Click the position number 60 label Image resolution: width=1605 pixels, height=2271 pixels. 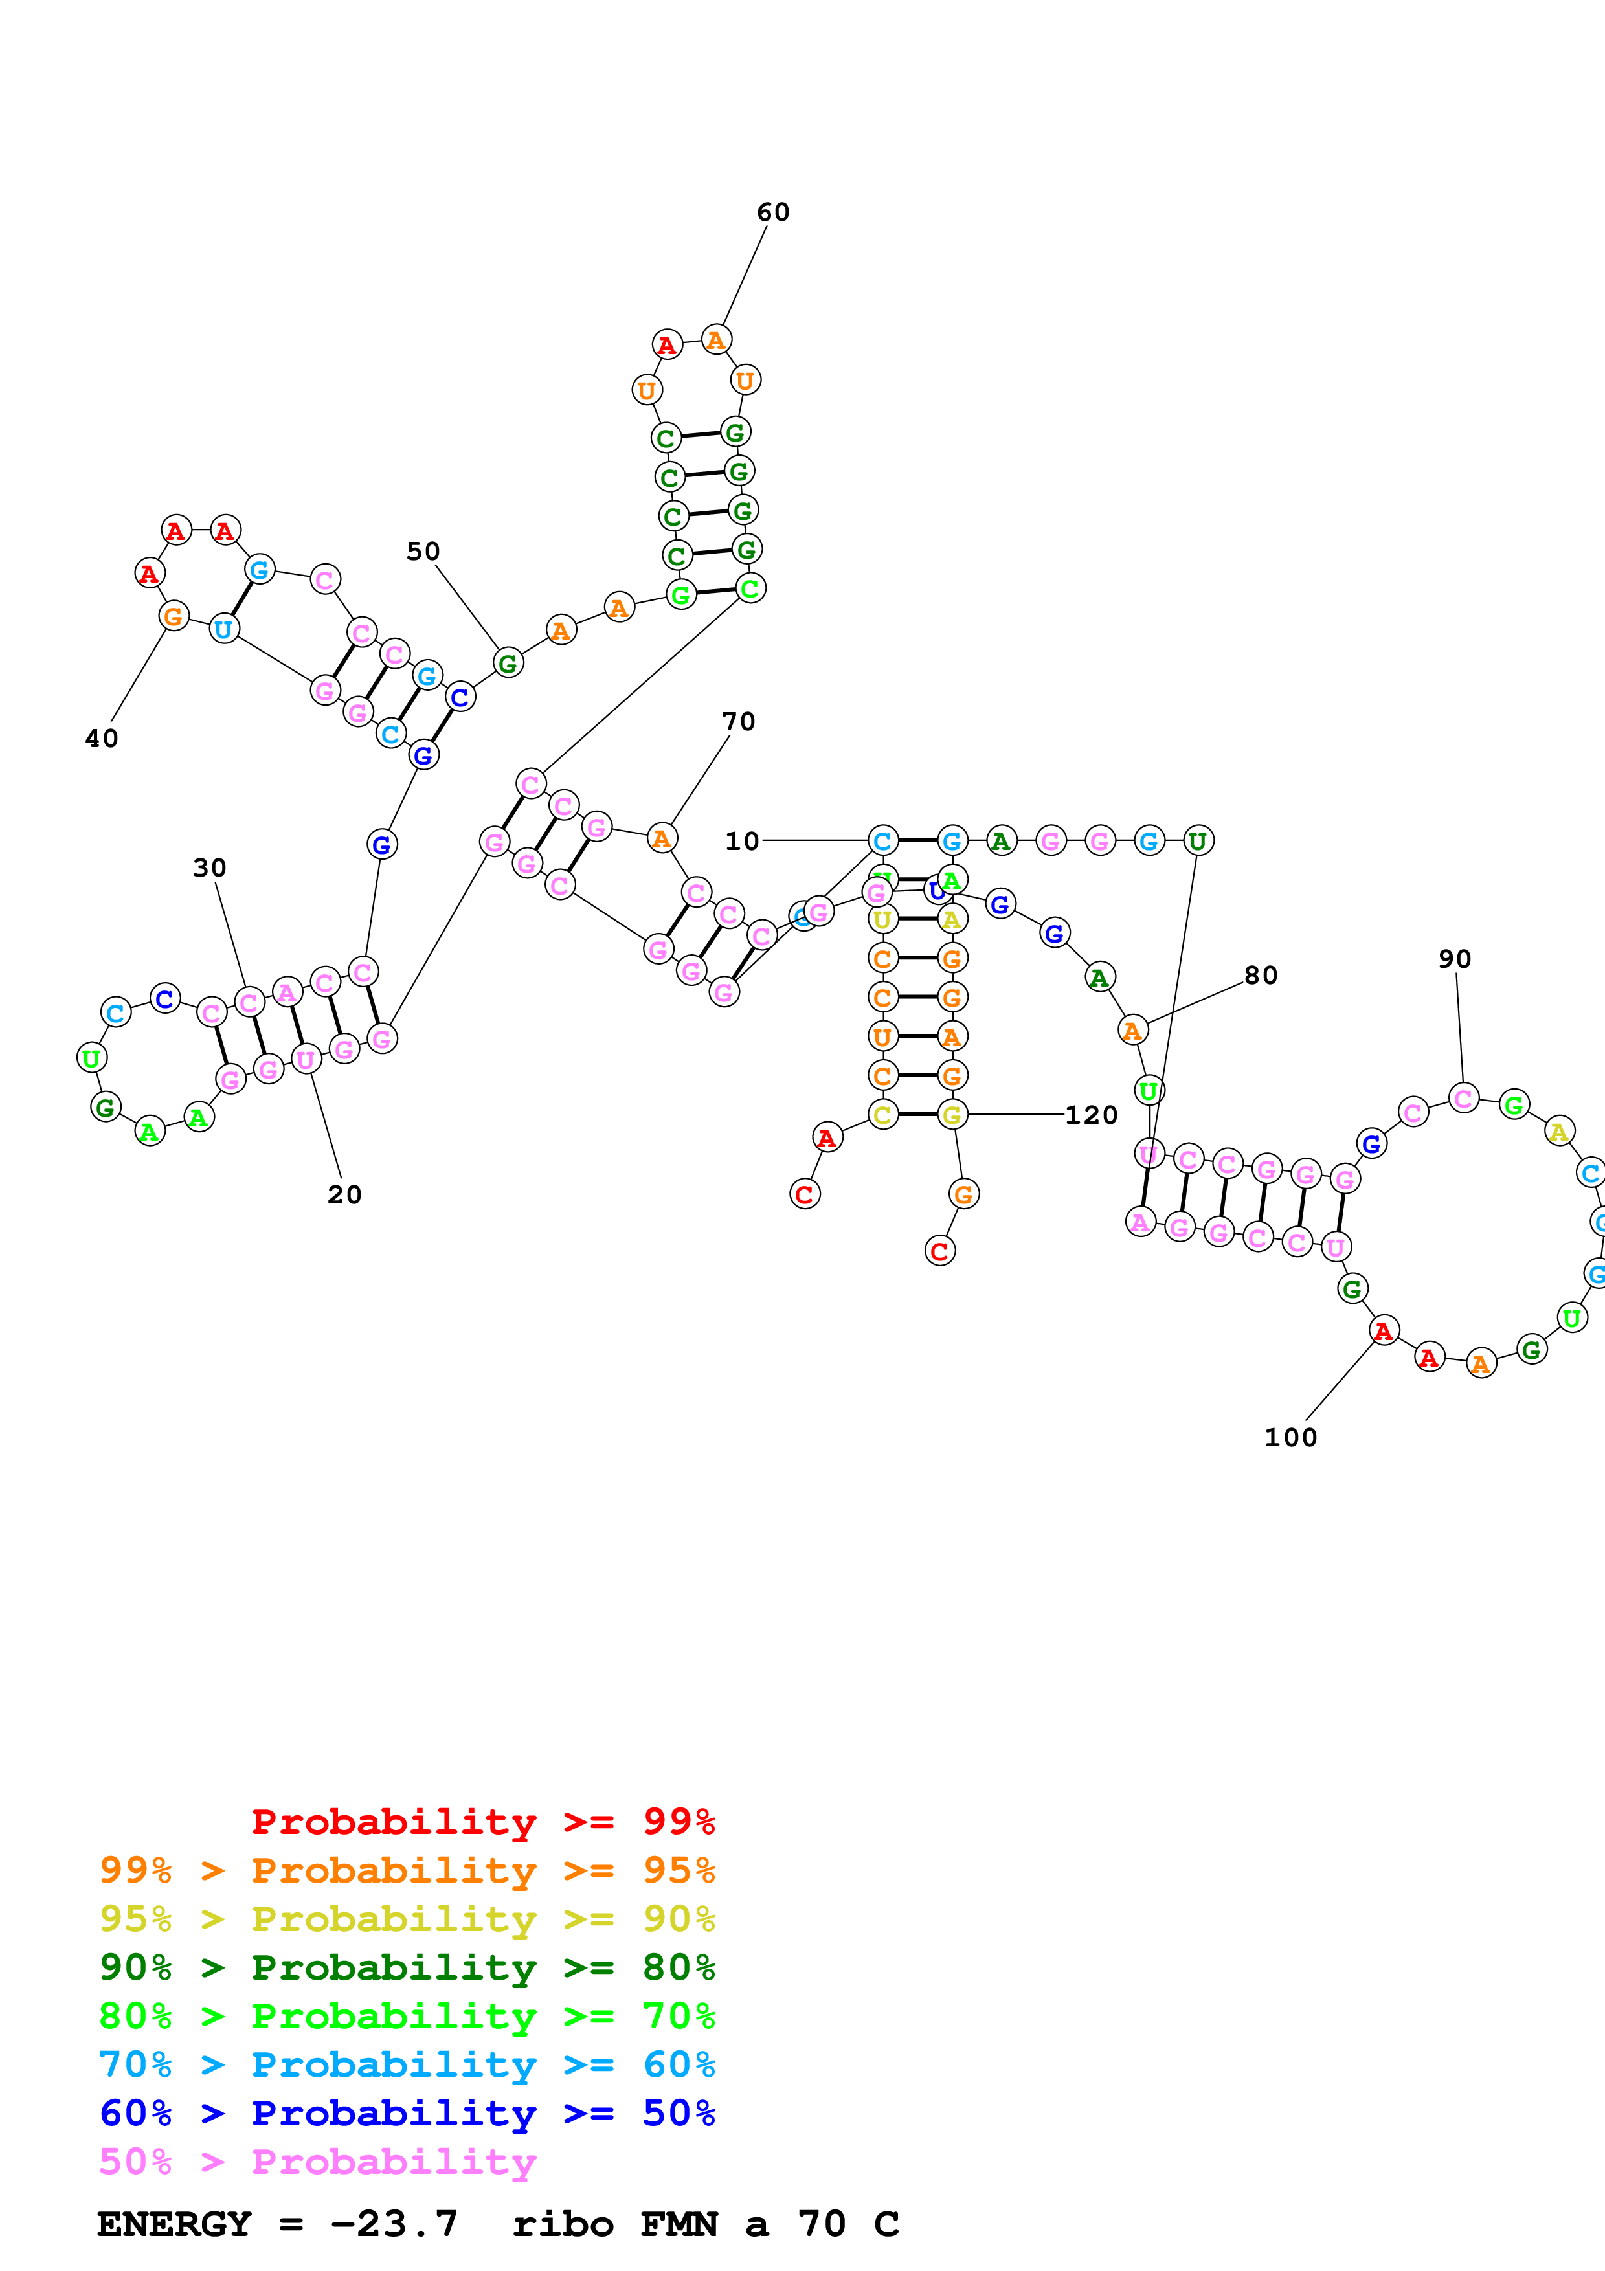(772, 212)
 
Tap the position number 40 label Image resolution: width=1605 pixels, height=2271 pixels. (102, 739)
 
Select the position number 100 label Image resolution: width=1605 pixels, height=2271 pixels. (1290, 1438)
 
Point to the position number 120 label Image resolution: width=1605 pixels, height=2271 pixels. (1091, 1115)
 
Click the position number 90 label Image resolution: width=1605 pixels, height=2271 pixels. (1455, 959)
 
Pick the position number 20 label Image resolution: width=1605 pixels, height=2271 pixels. (344, 1195)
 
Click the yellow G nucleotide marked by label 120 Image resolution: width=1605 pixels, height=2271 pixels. (951, 1115)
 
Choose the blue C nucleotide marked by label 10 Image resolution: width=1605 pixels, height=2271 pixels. (882, 841)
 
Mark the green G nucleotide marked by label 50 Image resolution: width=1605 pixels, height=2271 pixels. (508, 663)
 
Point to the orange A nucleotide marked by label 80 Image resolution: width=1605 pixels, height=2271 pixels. (1132, 1031)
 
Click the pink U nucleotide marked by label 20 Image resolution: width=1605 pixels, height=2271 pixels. (306, 1059)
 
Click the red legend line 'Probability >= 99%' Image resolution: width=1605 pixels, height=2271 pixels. (482, 1822)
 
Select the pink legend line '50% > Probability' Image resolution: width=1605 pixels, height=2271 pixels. (317, 2162)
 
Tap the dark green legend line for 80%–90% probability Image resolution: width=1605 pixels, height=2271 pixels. (407, 1967)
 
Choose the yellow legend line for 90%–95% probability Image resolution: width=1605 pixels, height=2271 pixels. (407, 1919)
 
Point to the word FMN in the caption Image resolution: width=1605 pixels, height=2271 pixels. (679, 2224)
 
